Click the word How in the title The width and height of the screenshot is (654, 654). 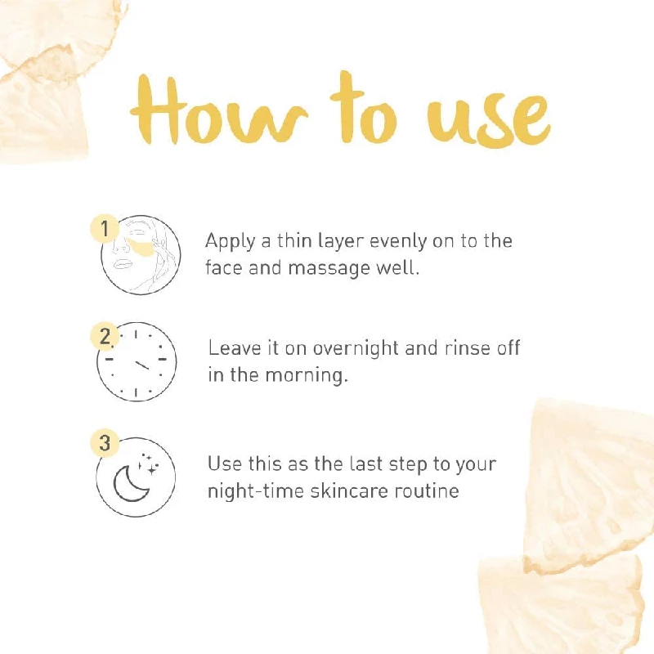tap(218, 110)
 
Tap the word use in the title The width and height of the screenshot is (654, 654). tap(488, 118)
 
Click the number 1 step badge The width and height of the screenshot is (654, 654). tap(105, 228)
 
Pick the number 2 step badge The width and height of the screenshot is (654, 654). tap(105, 336)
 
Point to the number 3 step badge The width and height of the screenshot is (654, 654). tap(105, 442)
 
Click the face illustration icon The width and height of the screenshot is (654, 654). tap(141, 255)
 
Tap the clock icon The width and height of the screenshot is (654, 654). tap(137, 361)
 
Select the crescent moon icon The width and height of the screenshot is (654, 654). tap(130, 484)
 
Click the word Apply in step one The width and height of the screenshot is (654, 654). tap(230, 242)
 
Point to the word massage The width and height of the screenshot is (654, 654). tap(329, 269)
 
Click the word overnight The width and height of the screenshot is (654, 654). tap(356, 349)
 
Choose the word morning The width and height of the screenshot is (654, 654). tap(306, 375)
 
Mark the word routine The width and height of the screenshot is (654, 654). tap(426, 490)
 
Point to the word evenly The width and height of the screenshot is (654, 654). tap(398, 242)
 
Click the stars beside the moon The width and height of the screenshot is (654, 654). tap(149, 464)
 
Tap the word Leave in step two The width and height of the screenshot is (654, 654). tap(234, 348)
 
